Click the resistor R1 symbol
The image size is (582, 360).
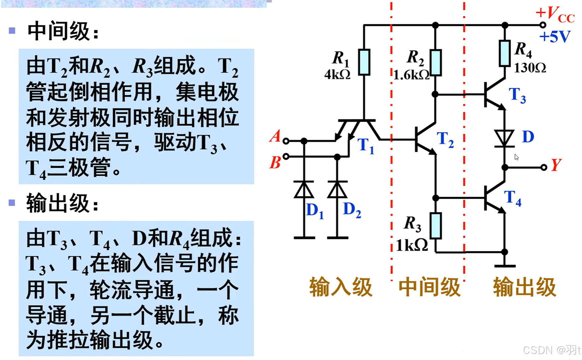click(x=364, y=62)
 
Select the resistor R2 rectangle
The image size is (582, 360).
click(x=435, y=62)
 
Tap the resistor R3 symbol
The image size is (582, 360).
click(x=435, y=226)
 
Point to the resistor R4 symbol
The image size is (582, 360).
click(x=505, y=53)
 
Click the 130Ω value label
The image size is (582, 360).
click(x=529, y=68)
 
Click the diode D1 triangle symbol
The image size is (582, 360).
click(x=304, y=190)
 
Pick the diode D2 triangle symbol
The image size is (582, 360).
click(x=337, y=190)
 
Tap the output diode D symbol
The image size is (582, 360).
click(x=504, y=138)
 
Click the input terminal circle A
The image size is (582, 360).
click(x=286, y=141)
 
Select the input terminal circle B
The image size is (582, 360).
click(x=286, y=156)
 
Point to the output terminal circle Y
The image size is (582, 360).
click(x=543, y=168)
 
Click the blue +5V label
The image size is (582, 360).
click(x=555, y=37)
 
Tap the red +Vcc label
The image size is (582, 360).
click(x=555, y=15)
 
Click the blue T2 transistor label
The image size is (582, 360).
click(x=445, y=139)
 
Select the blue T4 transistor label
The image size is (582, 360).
click(x=512, y=198)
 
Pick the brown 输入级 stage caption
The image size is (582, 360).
click(x=341, y=287)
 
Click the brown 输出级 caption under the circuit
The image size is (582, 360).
click(x=524, y=287)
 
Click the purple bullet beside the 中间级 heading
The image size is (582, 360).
click(x=12, y=31)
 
